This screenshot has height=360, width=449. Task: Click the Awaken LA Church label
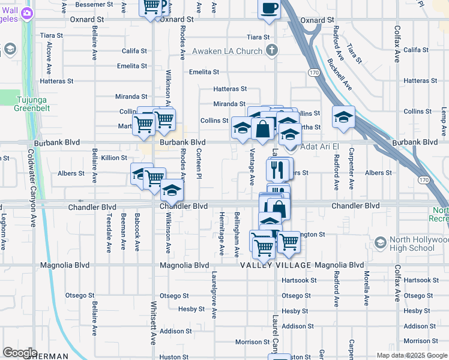(x=227, y=52)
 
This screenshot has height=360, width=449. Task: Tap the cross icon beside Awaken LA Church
(x=272, y=50)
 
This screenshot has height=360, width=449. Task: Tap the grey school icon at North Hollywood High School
(x=379, y=242)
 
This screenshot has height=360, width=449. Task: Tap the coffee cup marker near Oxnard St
(x=269, y=10)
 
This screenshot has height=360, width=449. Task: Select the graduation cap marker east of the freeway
(x=343, y=118)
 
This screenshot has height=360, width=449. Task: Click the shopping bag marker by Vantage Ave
(x=263, y=128)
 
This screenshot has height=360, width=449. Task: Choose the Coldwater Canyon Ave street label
(x=28, y=181)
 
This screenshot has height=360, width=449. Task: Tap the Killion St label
(x=114, y=158)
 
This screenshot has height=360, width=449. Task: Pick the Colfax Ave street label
(x=397, y=44)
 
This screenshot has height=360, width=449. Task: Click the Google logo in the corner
(x=19, y=353)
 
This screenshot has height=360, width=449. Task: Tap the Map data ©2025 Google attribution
(x=411, y=355)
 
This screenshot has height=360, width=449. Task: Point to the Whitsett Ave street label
(x=153, y=330)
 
